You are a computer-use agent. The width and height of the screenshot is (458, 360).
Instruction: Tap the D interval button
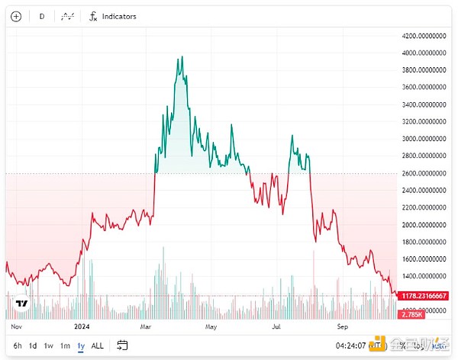pyautogui.click(x=42, y=16)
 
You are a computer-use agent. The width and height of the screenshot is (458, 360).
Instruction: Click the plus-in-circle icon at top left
pyautogui.click(x=16, y=16)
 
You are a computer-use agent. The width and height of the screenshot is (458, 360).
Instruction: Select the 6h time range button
pyautogui.click(x=17, y=346)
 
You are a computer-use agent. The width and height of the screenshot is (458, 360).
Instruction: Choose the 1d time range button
pyautogui.click(x=33, y=346)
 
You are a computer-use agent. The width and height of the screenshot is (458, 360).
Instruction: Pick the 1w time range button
pyautogui.click(x=49, y=346)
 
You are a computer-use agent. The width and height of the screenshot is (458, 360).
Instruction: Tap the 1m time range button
pyautogui.click(x=65, y=346)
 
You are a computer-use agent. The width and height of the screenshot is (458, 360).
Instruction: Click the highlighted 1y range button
pyautogui.click(x=80, y=346)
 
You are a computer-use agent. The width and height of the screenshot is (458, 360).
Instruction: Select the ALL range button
pyautogui.click(x=97, y=346)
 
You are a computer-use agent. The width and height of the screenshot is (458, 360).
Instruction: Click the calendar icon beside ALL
pyautogui.click(x=121, y=346)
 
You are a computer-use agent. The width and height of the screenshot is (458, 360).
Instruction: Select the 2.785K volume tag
pyautogui.click(x=411, y=314)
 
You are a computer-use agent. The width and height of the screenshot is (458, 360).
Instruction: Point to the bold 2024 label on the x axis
pyautogui.click(x=82, y=325)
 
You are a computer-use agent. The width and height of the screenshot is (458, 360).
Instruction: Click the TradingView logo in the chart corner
pyautogui.click(x=21, y=304)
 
